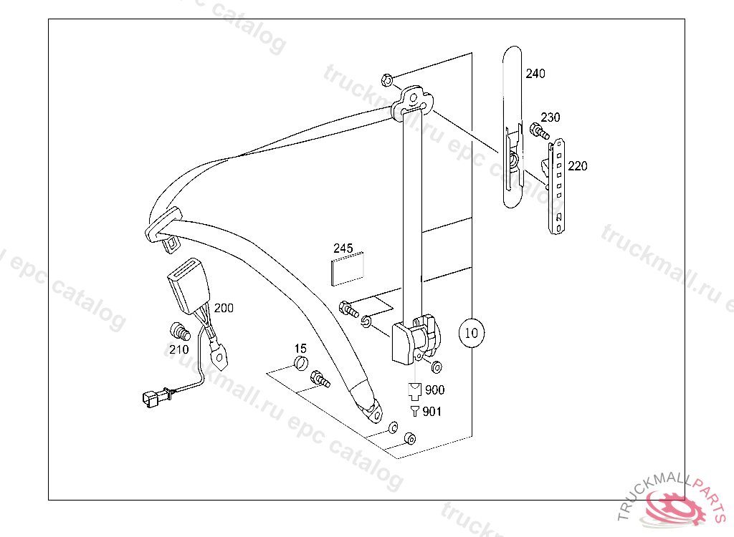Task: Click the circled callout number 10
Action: [471, 333]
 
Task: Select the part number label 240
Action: [535, 74]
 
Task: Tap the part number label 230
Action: [550, 117]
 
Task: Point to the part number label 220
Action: [577, 166]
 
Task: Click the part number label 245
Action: [343, 248]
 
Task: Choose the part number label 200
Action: [224, 309]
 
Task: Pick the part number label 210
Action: [178, 349]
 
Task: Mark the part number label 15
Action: [300, 348]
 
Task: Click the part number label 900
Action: [434, 390]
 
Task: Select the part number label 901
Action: [432, 412]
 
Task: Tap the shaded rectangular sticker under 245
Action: [348, 269]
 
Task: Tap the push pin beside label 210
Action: [178, 332]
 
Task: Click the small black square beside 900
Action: [414, 390]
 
